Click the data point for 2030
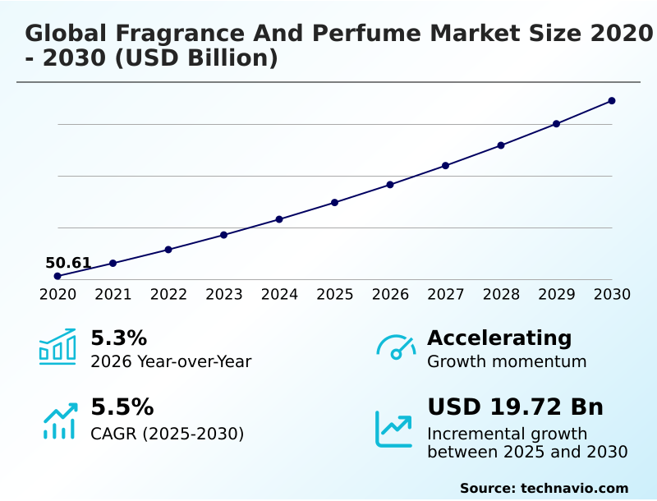(x=612, y=101)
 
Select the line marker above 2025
(x=334, y=202)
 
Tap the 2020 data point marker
(x=57, y=276)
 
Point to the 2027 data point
(x=445, y=166)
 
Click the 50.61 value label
(x=68, y=263)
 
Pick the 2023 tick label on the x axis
(x=223, y=294)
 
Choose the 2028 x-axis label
(x=501, y=294)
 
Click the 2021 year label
(x=113, y=294)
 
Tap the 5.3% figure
(x=118, y=338)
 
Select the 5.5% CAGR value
(x=122, y=407)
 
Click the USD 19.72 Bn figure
(x=515, y=407)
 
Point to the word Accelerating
(x=498, y=338)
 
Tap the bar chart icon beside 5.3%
(x=57, y=347)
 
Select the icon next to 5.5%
(x=59, y=420)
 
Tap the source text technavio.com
(x=574, y=488)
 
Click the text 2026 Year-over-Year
(x=171, y=361)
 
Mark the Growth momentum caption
(x=507, y=361)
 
